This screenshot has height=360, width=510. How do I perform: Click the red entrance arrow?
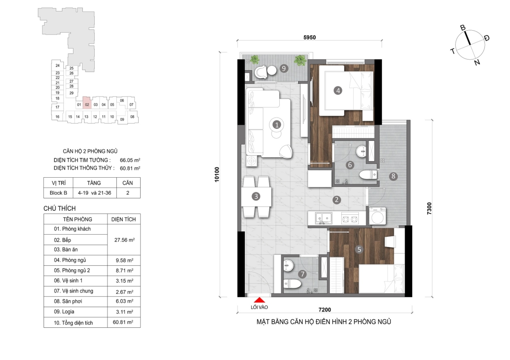click(259, 300)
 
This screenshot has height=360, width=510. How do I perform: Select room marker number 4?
click(338, 91)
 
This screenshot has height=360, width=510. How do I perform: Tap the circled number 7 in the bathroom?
click(302, 274)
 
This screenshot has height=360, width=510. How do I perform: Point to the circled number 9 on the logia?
click(284, 68)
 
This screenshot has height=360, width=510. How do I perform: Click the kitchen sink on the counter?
click(323, 218)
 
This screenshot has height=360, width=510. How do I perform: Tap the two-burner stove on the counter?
click(350, 219)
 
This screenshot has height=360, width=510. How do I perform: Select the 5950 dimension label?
click(310, 37)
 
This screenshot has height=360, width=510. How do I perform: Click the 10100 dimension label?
click(217, 174)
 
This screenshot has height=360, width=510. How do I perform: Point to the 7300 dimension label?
click(429, 208)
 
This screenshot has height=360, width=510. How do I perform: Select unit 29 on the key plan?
click(71, 93)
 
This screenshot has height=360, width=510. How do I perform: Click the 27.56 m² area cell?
click(125, 240)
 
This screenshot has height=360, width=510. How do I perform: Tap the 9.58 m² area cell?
click(125, 260)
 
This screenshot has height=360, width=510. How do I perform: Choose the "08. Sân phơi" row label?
click(68, 301)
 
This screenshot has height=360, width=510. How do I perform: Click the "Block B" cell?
click(58, 193)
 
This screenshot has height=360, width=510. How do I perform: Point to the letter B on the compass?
click(463, 28)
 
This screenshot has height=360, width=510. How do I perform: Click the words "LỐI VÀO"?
click(259, 307)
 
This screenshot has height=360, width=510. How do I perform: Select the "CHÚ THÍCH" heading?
click(59, 208)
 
